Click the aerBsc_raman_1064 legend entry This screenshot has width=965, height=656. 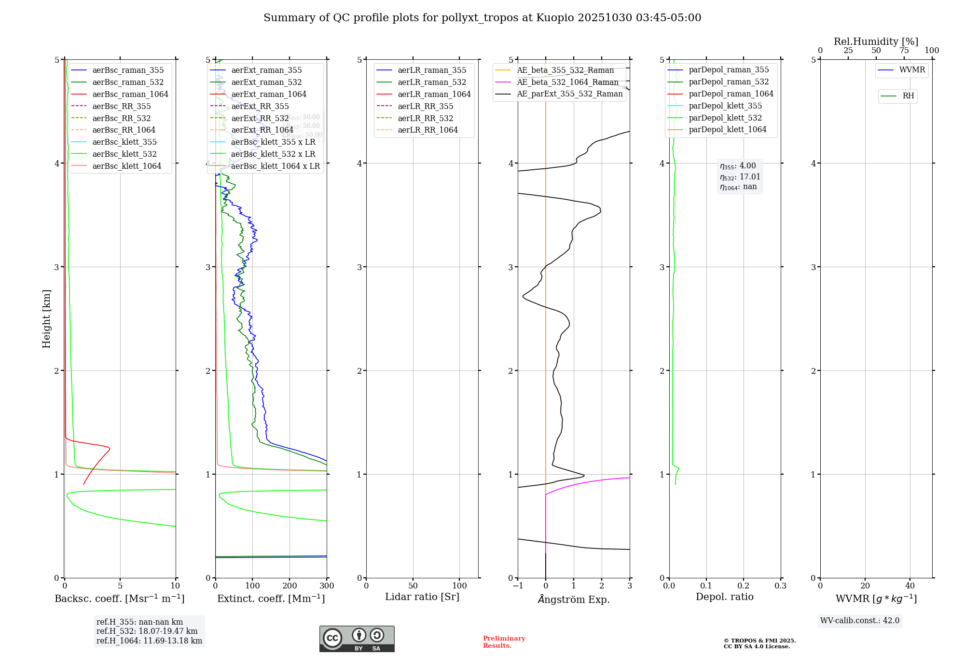coord(130,94)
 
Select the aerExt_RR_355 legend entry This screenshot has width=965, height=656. coord(260,106)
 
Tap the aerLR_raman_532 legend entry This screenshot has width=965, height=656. coord(432,82)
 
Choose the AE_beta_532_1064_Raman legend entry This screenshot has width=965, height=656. coord(567,82)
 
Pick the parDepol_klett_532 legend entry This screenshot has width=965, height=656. coord(725,118)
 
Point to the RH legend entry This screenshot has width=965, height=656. coord(908,96)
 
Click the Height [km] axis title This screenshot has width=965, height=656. coord(46,319)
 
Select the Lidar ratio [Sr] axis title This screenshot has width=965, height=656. coord(422,597)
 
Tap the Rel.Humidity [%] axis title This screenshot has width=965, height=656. coord(876,41)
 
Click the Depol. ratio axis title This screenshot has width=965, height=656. coord(724,597)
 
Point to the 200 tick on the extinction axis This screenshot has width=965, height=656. coord(289,586)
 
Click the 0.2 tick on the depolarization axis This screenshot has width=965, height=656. coord(744,586)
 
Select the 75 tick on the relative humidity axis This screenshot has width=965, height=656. coord(904,51)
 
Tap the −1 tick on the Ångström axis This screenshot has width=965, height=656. coord(518,586)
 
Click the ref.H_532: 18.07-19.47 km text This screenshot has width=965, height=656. coord(147,631)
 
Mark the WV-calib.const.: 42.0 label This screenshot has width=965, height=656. coord(860,620)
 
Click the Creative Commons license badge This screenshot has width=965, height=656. coord(357,639)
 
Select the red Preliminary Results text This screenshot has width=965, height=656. coord(504,642)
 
